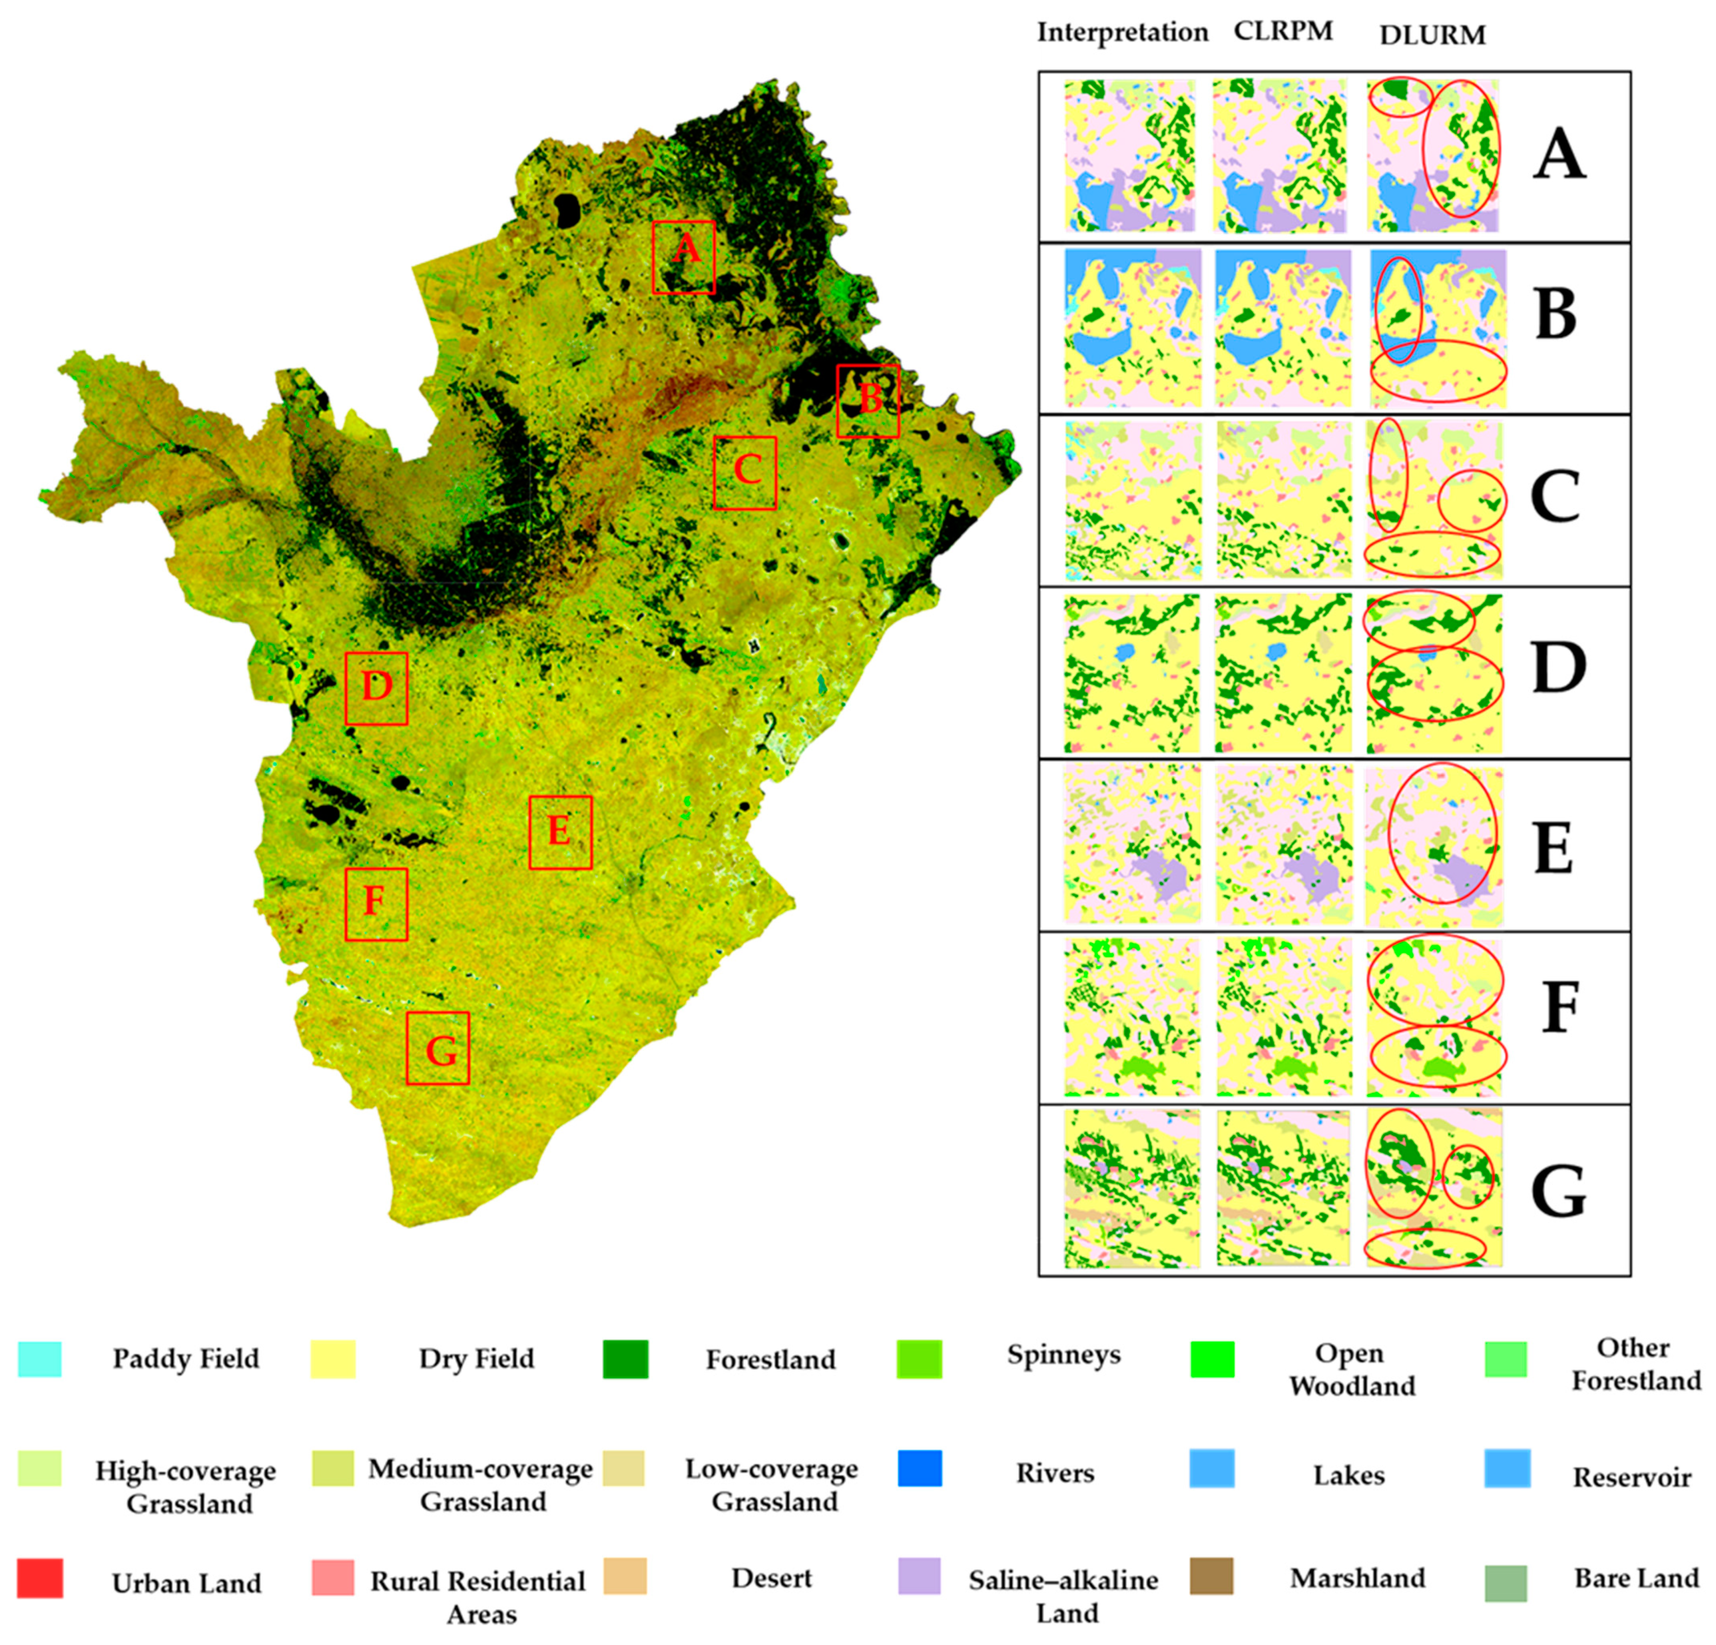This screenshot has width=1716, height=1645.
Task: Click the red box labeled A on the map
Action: (684, 257)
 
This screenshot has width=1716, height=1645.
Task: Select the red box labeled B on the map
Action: (868, 401)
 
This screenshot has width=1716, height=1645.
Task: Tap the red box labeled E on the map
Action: (560, 832)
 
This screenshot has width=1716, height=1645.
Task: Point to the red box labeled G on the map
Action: (438, 1048)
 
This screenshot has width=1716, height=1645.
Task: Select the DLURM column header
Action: (1432, 35)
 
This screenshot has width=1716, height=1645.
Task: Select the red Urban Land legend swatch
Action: (39, 1578)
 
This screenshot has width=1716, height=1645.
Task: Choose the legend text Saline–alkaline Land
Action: (1063, 1595)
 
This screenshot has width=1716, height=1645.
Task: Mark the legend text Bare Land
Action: (1635, 1578)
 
